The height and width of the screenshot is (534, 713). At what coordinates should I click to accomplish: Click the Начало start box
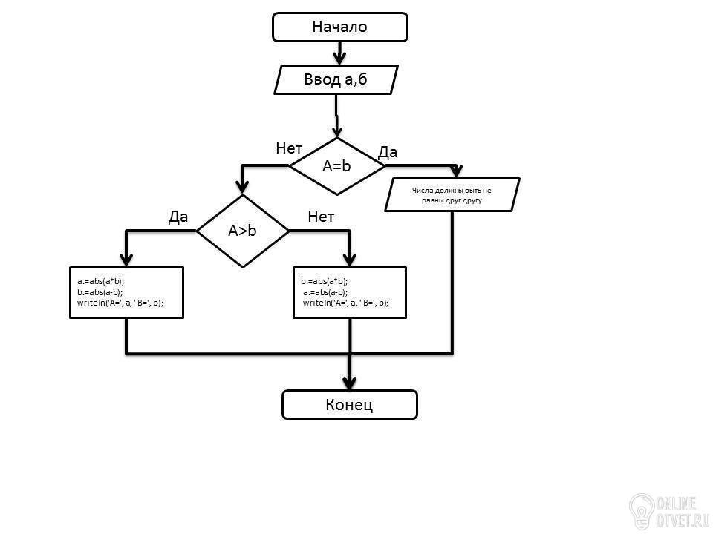pyautogui.click(x=339, y=27)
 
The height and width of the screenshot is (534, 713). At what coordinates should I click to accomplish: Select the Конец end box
pyautogui.click(x=349, y=405)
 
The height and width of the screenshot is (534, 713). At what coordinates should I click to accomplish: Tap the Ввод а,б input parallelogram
pyautogui.click(x=336, y=79)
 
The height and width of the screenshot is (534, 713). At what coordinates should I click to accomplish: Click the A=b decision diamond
pyautogui.click(x=336, y=166)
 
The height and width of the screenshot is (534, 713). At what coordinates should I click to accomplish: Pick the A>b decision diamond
pyautogui.click(x=242, y=231)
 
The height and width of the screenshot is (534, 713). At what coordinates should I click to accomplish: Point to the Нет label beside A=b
pyautogui.click(x=289, y=148)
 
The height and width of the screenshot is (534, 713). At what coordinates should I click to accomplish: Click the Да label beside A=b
pyautogui.click(x=388, y=153)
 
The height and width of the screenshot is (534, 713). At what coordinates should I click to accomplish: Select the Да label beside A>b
pyautogui.click(x=178, y=217)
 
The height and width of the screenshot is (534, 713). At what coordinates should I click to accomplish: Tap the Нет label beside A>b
pyautogui.click(x=321, y=217)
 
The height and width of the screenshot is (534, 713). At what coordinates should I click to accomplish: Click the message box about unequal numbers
pyautogui.click(x=452, y=195)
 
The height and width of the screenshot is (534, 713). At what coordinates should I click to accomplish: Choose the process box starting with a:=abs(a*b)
pyautogui.click(x=126, y=292)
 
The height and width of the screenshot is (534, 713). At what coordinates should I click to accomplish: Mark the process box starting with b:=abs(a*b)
pyautogui.click(x=350, y=292)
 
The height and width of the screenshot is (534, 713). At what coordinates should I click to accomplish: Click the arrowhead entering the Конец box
pyautogui.click(x=349, y=383)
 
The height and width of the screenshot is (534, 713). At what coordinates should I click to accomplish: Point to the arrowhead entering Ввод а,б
pyautogui.click(x=339, y=58)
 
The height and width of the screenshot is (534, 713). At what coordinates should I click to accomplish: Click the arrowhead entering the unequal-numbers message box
pyautogui.click(x=456, y=171)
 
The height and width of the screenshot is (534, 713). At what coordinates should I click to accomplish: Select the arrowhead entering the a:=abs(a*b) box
pyautogui.click(x=126, y=260)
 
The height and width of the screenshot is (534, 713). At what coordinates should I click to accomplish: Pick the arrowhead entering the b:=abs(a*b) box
pyautogui.click(x=349, y=260)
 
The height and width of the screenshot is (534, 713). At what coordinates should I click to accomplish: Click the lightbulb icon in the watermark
pyautogui.click(x=641, y=511)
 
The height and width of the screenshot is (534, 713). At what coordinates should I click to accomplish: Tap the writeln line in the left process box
pyautogui.click(x=120, y=303)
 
